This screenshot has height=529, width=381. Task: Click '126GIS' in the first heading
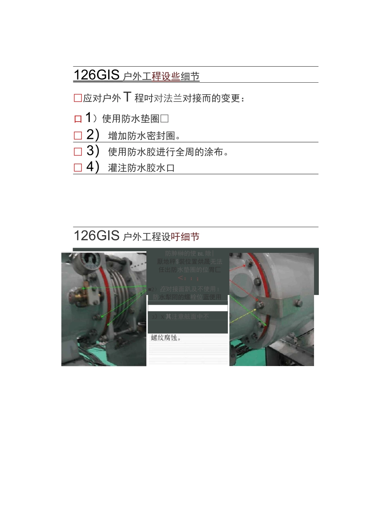(97, 75)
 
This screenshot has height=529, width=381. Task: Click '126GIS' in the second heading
(97, 235)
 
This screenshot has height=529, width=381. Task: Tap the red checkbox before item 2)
(78, 136)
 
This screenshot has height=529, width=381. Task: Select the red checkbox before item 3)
(78, 152)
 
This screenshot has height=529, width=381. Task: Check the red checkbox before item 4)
(78, 168)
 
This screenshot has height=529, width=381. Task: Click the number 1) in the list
(91, 118)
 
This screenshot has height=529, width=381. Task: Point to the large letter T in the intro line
(127, 97)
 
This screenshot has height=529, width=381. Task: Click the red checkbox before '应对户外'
(78, 98)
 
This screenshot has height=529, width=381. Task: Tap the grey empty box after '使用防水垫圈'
(164, 118)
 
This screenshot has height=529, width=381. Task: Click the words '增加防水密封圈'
(142, 136)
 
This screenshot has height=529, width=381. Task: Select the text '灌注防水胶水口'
(142, 168)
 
